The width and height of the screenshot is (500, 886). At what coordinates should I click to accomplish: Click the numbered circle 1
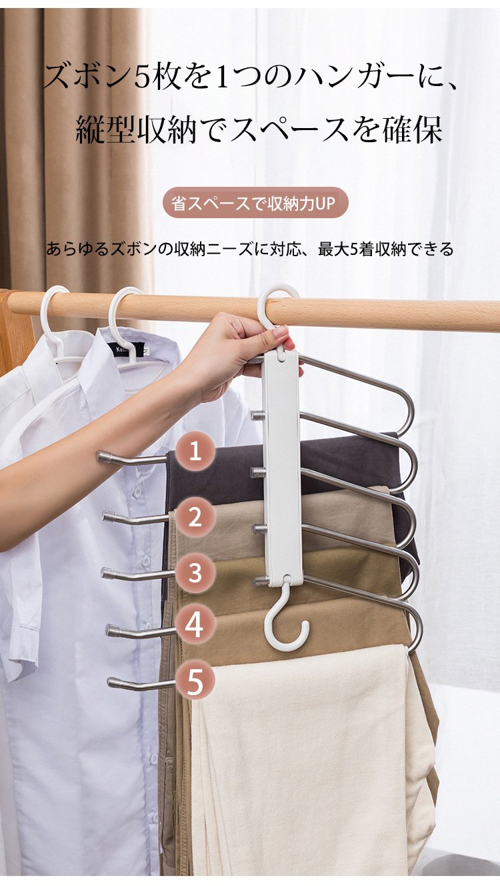coord(195,451)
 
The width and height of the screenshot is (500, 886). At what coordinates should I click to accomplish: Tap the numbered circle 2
coord(195,516)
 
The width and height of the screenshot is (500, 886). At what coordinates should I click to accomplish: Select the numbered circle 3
coord(195,572)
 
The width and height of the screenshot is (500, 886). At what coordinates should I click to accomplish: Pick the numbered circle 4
coord(195,625)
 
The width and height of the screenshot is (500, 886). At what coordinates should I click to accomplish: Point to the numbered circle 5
coord(195,681)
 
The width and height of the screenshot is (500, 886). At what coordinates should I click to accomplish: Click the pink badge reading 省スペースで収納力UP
coord(255,203)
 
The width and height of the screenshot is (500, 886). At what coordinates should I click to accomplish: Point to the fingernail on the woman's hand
coord(281,331)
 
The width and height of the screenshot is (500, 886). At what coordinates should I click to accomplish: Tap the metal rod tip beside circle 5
coord(115,682)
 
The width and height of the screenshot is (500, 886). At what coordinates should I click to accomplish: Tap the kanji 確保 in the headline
coord(412,129)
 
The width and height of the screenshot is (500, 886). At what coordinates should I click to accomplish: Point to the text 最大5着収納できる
coord(386,250)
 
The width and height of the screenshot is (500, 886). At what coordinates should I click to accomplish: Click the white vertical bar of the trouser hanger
coord(284,467)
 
